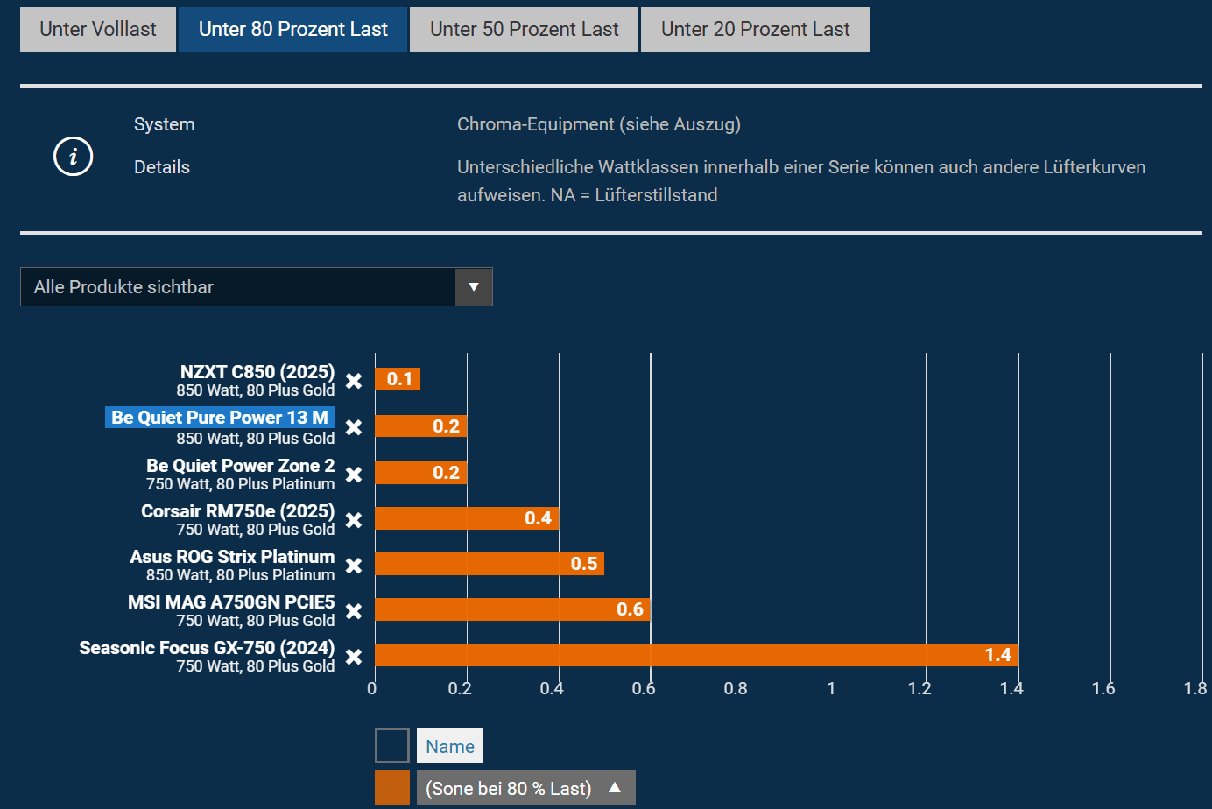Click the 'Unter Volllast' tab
coord(98,30)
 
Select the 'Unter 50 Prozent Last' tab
coord(524,30)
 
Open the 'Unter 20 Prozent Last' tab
coord(755,30)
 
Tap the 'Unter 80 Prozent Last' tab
coord(292,30)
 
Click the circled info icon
coord(74,157)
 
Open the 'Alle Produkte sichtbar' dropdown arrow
coord(474,287)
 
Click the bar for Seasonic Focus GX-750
coord(696,655)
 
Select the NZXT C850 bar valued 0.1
coord(398,379)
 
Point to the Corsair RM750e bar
coord(466,518)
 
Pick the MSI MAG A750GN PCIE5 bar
coord(512,609)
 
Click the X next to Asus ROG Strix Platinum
coord(354,566)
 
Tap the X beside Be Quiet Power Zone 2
coord(354,475)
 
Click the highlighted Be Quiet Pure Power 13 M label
coord(220,418)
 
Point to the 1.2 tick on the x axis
coord(920,688)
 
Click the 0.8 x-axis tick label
coord(736,688)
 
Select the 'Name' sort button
coord(450,746)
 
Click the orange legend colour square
coord(392,788)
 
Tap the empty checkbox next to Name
coord(392,746)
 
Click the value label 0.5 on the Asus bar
coord(584,564)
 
